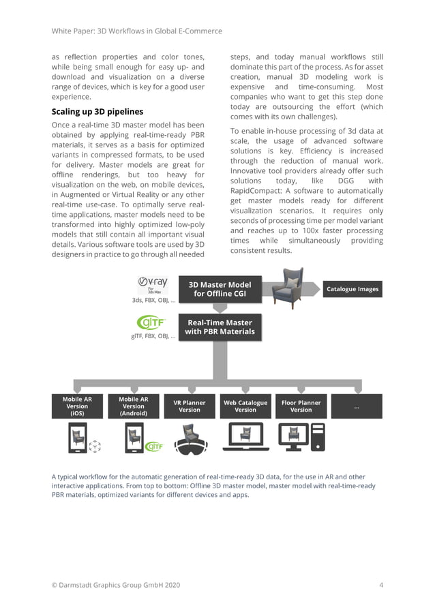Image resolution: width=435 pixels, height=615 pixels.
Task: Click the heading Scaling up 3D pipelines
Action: coord(97,111)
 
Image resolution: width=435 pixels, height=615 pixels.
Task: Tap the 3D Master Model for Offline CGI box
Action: coord(220,289)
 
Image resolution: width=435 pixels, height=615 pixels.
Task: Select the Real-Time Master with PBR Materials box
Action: coord(220,327)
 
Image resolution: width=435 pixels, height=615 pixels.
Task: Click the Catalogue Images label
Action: coord(352,289)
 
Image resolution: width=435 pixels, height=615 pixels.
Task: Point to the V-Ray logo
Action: coord(153,283)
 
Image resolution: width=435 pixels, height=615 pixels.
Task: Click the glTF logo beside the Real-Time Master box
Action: coord(153,322)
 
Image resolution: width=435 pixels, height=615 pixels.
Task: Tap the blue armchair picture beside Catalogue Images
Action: coord(287,288)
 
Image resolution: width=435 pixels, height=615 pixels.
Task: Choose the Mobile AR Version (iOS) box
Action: coord(77,406)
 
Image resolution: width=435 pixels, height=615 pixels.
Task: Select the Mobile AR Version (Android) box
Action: coord(133,406)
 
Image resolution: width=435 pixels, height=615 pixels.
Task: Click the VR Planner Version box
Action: coord(189,406)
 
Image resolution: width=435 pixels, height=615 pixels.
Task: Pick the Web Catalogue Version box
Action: coord(245,406)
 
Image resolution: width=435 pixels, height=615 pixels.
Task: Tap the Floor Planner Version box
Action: coord(301,406)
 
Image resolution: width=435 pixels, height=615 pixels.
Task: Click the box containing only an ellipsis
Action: coord(357,406)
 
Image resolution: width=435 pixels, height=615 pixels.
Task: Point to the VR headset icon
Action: coord(190,440)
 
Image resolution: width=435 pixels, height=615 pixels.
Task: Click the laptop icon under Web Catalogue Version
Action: coord(245,438)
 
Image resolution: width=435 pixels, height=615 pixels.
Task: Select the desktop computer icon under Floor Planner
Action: coord(301,438)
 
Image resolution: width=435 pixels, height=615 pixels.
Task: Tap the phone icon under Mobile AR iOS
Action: coord(77,438)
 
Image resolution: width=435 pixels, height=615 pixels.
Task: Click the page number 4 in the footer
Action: coord(381,585)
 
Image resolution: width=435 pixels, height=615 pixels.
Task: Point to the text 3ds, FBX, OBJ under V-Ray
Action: coord(153,299)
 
